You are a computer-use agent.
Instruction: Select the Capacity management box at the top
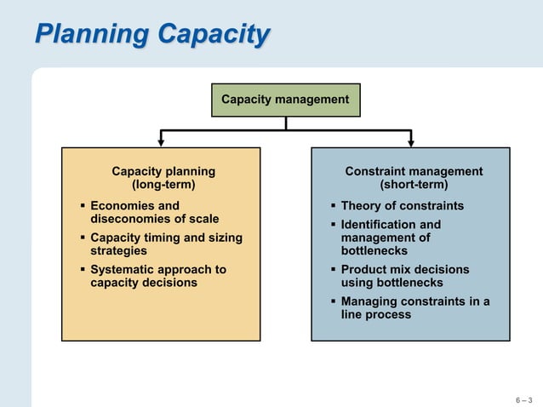(285, 100)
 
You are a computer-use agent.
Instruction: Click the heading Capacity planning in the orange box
(163, 171)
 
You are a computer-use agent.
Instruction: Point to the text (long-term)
(163, 184)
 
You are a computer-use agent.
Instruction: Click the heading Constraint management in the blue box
(414, 171)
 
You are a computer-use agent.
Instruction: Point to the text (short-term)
(414, 184)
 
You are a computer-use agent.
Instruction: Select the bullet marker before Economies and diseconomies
(83, 206)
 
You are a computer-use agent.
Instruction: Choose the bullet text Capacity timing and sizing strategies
(166, 244)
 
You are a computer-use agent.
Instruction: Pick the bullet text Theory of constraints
(402, 206)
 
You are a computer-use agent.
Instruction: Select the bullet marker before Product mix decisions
(334, 270)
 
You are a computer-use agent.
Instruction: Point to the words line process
(375, 314)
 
